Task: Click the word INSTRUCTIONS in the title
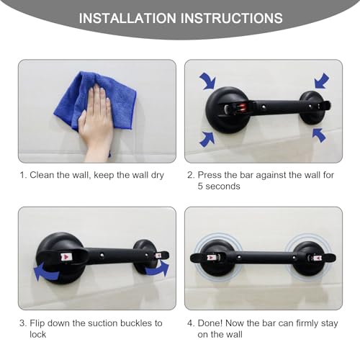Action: [230, 18]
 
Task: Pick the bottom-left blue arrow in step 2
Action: [206, 138]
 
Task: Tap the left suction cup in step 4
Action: [217, 257]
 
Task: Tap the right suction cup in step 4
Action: [308, 257]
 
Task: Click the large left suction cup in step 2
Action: [225, 109]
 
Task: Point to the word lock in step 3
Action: [38, 335]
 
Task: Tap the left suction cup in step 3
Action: [63, 258]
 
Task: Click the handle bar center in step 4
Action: [263, 256]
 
